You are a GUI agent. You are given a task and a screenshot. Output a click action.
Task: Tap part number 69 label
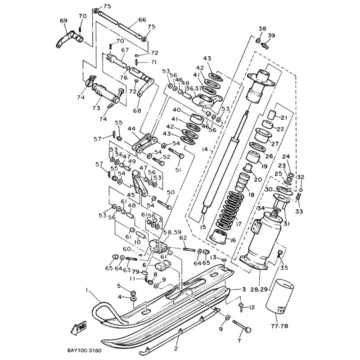pyautogui.click(x=63, y=21)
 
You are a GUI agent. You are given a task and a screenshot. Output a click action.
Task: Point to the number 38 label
pyautogui.click(x=262, y=29)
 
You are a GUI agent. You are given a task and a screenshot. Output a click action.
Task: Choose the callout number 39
pyautogui.click(x=271, y=36)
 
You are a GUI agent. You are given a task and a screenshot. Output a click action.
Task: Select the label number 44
pyautogui.click(x=132, y=129)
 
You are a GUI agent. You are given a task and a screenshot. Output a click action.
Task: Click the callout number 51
pyautogui.click(x=177, y=170)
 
